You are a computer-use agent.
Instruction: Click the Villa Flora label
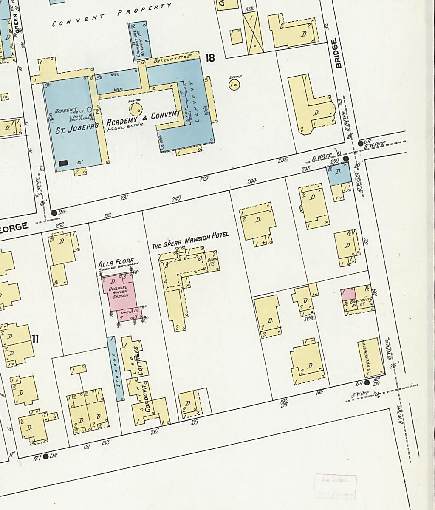pos(116,261)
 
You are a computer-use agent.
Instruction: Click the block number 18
pos(210,58)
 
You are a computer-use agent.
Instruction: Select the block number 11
pos(35,339)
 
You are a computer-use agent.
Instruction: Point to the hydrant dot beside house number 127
pos(46,456)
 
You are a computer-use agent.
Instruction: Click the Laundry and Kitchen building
pos(138,39)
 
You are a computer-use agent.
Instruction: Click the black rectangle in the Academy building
pos(64,163)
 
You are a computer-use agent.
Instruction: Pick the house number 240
pos(176,199)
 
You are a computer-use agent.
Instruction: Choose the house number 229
pos(204,179)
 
